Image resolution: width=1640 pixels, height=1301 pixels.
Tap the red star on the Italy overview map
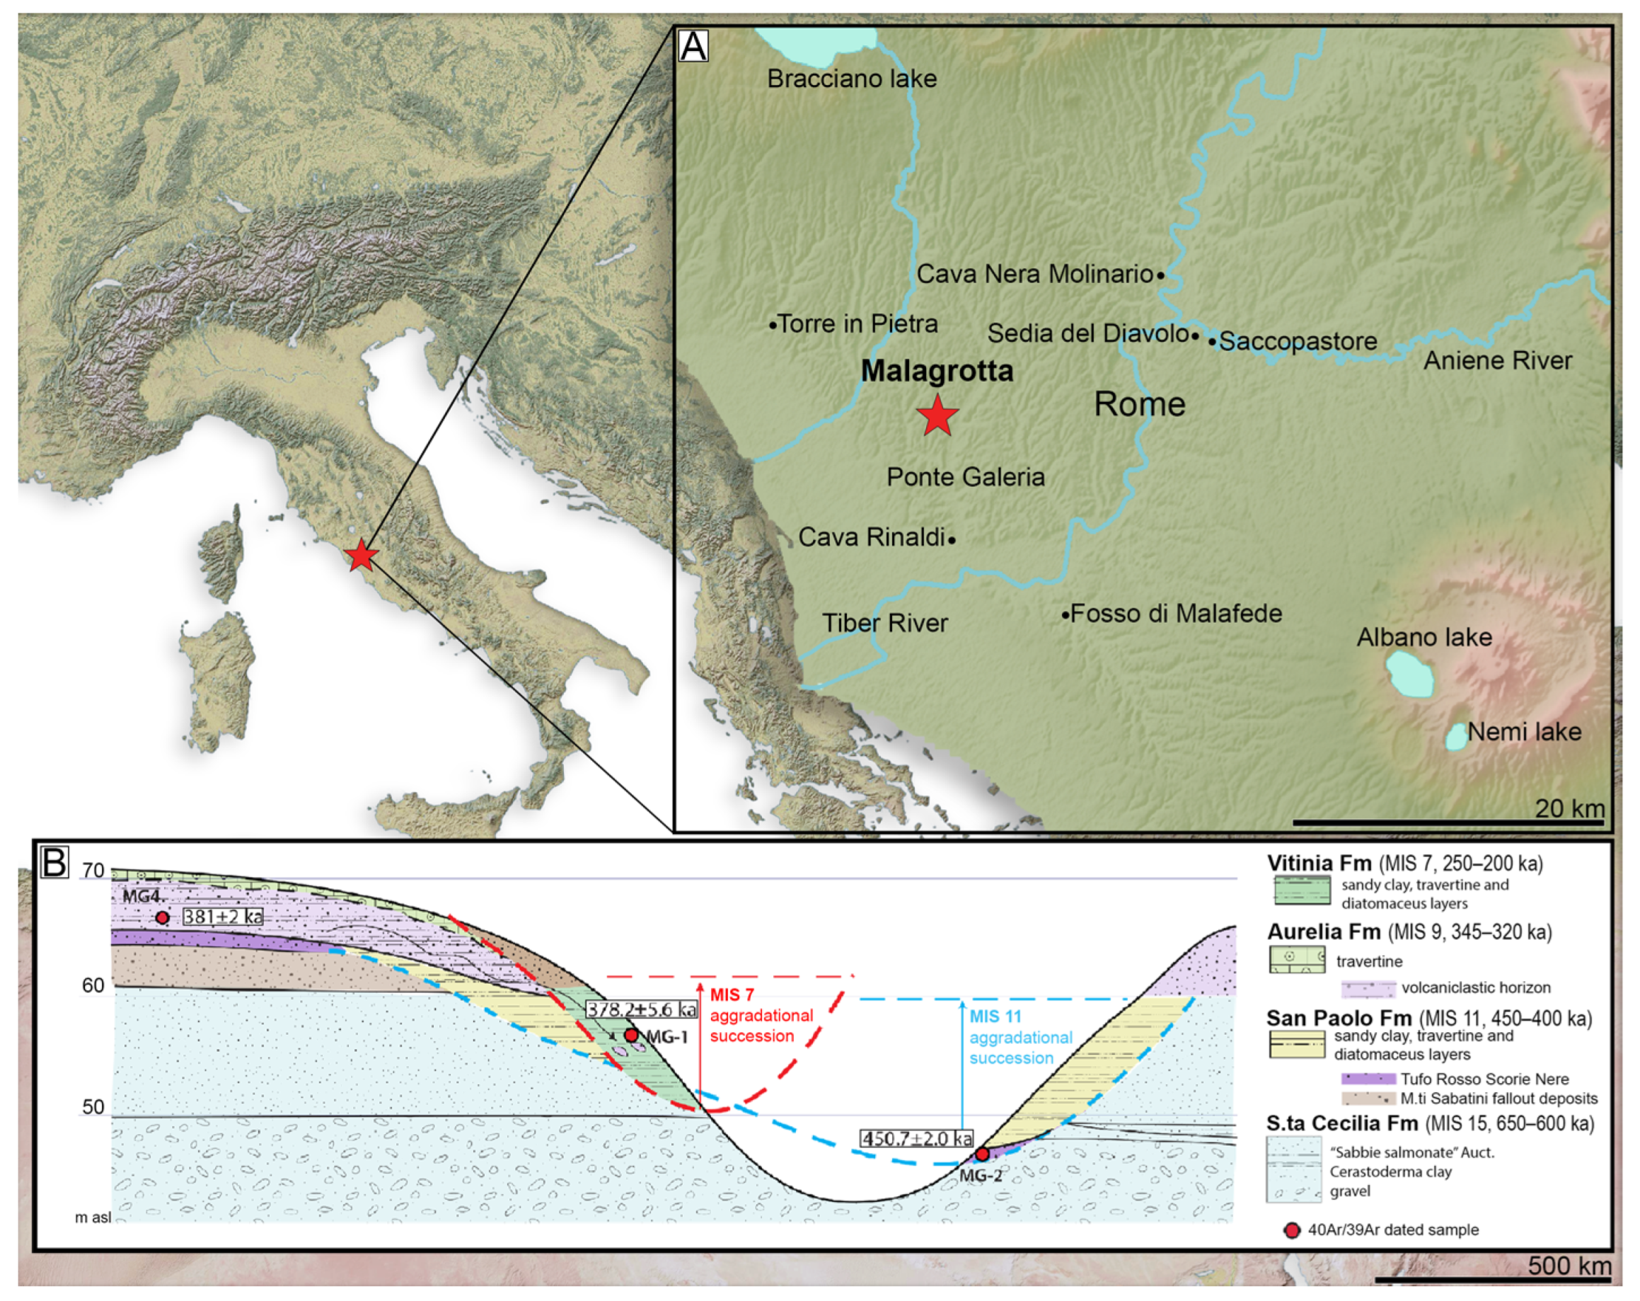[x=361, y=556]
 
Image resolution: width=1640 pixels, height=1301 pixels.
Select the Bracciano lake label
[x=851, y=79]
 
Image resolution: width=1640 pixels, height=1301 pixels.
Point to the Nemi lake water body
[x=1456, y=736]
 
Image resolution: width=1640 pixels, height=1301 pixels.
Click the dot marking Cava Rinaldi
[x=952, y=539]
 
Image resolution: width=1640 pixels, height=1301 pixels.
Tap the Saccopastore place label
[x=1298, y=341]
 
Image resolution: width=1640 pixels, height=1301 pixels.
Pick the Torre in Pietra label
[x=857, y=323]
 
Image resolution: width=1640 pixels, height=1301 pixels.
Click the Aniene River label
[x=1497, y=360]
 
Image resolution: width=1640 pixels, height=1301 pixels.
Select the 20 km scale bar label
[x=1569, y=807]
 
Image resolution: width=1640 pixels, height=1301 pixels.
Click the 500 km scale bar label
[x=1569, y=1264]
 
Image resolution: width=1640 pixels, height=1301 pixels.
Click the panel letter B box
[x=54, y=862]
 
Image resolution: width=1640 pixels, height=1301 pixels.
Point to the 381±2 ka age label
[x=222, y=917]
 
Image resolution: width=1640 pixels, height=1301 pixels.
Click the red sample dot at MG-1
[x=630, y=1035]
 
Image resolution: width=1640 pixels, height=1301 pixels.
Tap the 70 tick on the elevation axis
[x=93, y=870]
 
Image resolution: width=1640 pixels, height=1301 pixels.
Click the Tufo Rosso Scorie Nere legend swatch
[x=1368, y=1079]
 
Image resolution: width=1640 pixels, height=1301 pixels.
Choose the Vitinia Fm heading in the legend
[x=1319, y=864]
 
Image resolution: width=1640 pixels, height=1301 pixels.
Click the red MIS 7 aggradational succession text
[x=761, y=1015]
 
